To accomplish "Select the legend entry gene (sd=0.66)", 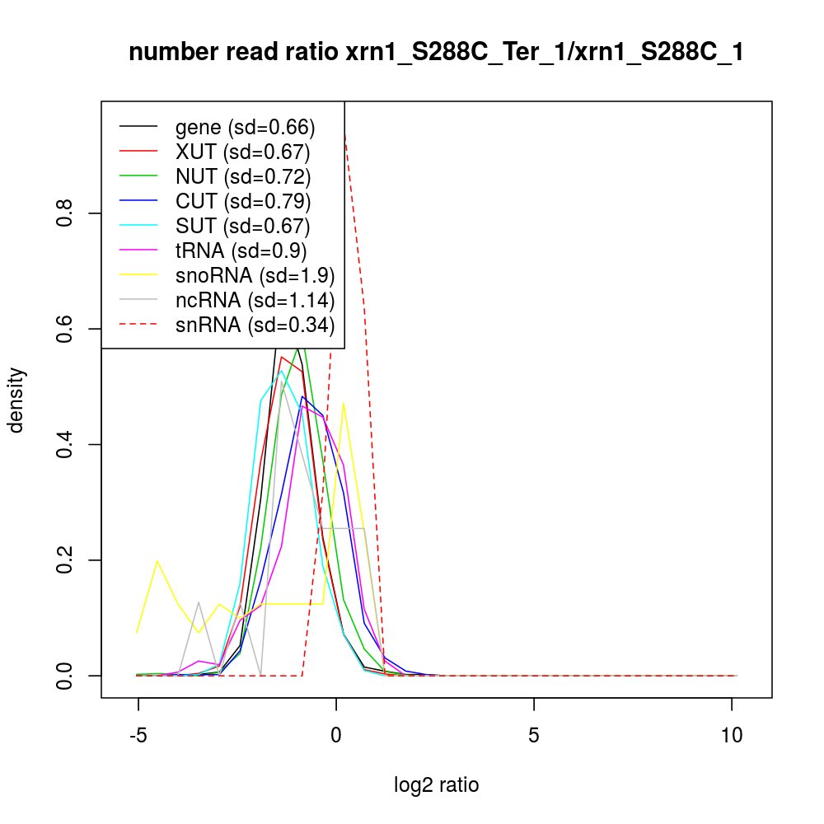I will click(x=245, y=127).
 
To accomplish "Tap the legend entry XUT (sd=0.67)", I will click(x=242, y=152).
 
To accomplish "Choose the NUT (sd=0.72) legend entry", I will click(x=242, y=176).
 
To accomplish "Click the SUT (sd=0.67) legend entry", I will click(x=242, y=226).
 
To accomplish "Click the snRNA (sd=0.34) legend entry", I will click(x=255, y=325).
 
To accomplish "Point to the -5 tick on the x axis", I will click(x=138, y=734).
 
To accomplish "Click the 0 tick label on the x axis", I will click(x=336, y=734).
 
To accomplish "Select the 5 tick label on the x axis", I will click(x=534, y=734).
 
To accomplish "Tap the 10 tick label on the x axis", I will click(x=732, y=734).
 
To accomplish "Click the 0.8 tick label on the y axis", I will click(x=67, y=213).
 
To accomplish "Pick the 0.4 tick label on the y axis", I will click(x=67, y=444).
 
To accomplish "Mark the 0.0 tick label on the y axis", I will click(x=67, y=675).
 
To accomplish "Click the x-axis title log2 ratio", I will click(x=437, y=785).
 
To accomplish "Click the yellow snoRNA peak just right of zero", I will click(x=344, y=404).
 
